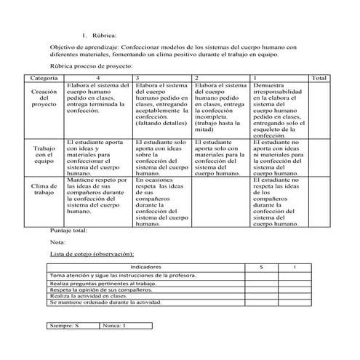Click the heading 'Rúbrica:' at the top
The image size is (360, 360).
point(104,35)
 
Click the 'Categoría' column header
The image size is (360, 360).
point(45,77)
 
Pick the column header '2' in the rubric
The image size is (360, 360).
point(197,77)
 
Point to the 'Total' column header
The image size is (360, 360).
point(319,77)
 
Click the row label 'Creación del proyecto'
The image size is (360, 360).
point(45,98)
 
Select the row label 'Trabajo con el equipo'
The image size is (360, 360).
point(45,154)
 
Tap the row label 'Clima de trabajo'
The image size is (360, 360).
point(45,189)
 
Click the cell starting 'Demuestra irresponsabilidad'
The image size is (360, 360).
point(279,110)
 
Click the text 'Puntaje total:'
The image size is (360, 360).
point(68,231)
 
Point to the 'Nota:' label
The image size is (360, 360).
point(57,241)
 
